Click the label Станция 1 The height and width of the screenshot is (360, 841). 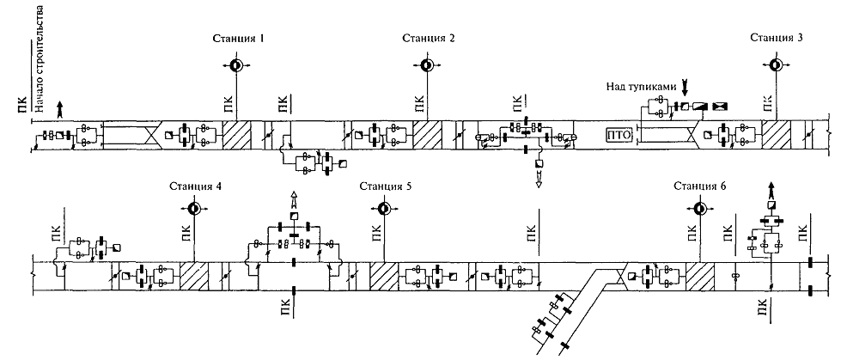click(239, 39)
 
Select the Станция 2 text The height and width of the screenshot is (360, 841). click(428, 39)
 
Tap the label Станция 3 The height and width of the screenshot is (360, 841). click(777, 39)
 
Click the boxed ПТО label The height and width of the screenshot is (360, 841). click(619, 136)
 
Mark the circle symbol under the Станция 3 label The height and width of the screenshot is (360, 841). click(775, 64)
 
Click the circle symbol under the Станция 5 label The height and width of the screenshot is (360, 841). click(382, 209)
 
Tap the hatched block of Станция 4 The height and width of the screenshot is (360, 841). click(194, 277)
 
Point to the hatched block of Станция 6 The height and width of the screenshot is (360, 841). click(700, 277)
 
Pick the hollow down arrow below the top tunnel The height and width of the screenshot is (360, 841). click(539, 180)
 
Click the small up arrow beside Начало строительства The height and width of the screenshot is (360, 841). click(59, 107)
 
